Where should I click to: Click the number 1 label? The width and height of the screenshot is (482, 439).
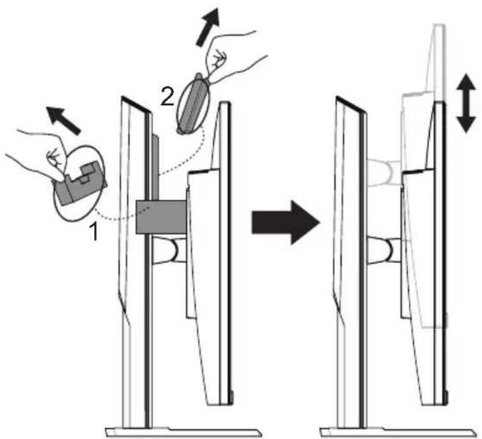94,232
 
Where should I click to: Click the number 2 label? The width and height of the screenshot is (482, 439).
167,97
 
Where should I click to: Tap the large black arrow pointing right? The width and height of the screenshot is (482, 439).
286,222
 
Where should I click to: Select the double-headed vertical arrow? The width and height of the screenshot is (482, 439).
466,103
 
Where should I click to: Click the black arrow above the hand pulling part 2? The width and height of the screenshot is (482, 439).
208,27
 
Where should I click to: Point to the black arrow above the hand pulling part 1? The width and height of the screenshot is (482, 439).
63,120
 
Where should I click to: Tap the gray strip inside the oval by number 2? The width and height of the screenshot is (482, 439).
193,103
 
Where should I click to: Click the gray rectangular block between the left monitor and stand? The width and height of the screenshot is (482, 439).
162,217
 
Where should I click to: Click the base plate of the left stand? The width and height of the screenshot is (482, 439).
183,432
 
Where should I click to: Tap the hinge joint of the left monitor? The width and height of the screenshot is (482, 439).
169,251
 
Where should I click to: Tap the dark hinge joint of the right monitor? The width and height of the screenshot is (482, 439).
384,250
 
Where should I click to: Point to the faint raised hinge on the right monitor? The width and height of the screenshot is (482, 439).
384,172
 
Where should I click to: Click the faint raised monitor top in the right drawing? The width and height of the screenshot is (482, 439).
424,61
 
